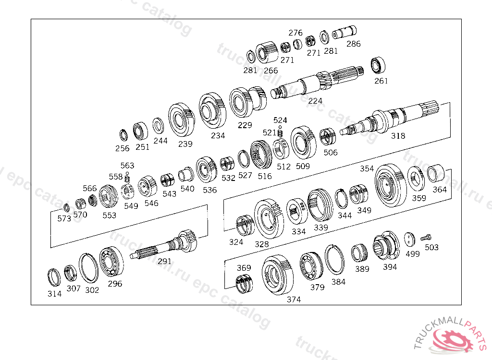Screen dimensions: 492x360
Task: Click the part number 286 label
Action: tap(353, 44)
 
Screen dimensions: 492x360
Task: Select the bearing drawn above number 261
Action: tap(378, 66)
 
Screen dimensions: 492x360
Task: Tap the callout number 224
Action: tap(315, 101)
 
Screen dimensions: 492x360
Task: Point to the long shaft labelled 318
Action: tap(390, 120)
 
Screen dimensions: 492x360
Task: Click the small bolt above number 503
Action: tap(426, 238)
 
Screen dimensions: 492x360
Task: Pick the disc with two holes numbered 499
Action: tap(409, 240)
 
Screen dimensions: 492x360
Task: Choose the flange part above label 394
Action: tap(386, 245)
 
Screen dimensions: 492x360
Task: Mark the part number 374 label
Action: tap(294, 300)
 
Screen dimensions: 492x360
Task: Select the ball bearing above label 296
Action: tap(111, 262)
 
